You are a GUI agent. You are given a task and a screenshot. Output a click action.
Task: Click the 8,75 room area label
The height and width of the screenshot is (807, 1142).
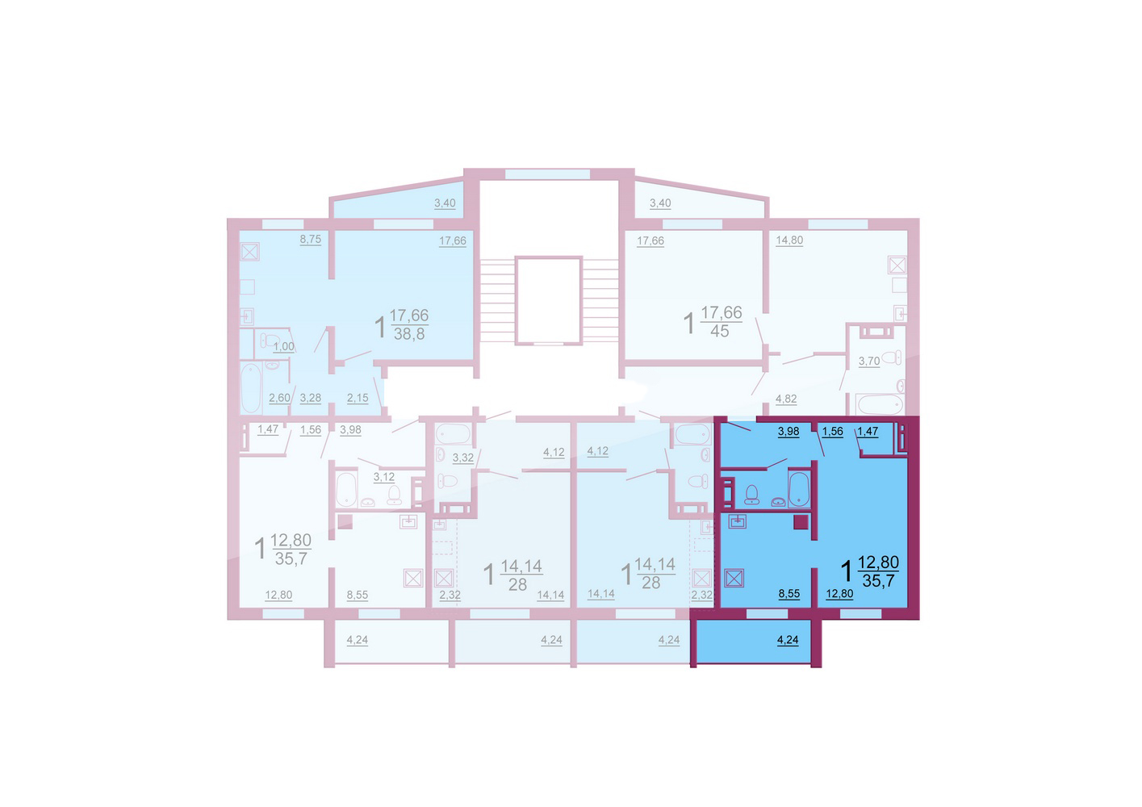pos(311,240)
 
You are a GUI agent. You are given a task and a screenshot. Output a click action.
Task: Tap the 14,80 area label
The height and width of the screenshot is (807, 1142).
pos(789,240)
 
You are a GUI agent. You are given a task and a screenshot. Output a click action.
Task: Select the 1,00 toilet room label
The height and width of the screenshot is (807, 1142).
pos(283,347)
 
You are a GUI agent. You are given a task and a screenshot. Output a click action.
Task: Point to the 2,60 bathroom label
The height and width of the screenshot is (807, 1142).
pos(279,398)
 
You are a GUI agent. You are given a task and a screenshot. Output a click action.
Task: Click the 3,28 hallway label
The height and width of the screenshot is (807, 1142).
pos(311,398)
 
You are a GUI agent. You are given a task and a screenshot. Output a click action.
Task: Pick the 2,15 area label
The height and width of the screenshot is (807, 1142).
pos(358,398)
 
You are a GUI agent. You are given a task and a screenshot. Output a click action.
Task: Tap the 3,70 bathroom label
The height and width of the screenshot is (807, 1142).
pos(868,362)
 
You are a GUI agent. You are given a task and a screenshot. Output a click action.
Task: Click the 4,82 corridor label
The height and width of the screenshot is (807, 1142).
pos(785,399)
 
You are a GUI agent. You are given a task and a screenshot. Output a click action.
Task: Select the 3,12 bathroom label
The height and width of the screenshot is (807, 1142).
pos(384,477)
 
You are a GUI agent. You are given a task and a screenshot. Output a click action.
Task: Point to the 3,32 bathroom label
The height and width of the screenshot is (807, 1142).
pos(463,458)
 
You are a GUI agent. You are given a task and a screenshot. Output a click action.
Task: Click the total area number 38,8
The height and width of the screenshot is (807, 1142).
pos(409,334)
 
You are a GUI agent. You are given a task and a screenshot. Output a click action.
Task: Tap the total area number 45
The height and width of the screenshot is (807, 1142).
pos(719,331)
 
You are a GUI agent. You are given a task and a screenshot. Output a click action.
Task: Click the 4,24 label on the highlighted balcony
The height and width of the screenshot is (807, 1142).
pos(788,640)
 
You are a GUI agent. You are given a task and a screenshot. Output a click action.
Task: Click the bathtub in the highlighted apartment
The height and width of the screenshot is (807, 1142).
pos(799,489)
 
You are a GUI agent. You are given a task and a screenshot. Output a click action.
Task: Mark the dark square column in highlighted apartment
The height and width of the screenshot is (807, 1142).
pos(801,522)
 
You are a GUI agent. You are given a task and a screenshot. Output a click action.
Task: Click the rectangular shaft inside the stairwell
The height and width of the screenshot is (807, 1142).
pos(548,301)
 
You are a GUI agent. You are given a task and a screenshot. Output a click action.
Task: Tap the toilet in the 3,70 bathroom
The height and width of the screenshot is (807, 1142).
pos(891,358)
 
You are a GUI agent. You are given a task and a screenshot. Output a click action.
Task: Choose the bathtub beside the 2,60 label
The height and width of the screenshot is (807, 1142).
pos(251,387)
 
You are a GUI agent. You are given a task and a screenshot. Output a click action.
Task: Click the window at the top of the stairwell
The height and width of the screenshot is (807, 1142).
pos(547,174)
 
